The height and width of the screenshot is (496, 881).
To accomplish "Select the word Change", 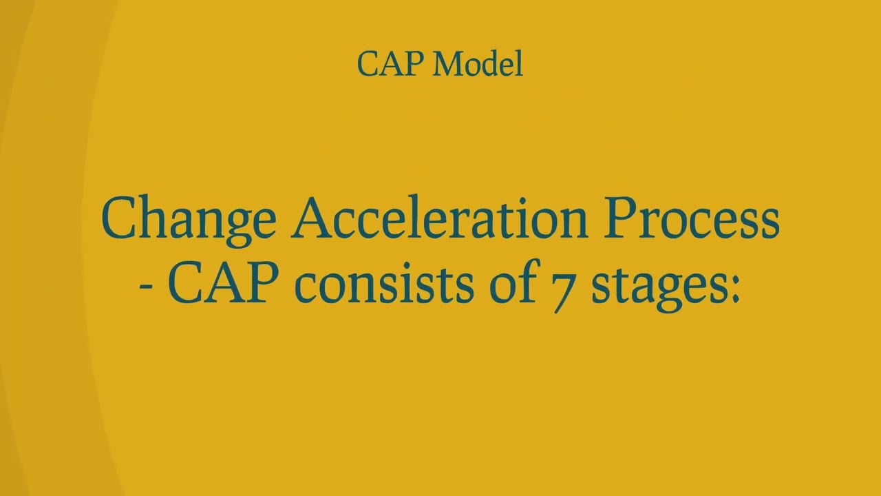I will coord(188,219).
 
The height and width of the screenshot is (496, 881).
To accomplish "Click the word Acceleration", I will coord(440,219).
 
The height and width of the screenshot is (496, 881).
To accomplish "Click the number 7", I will coord(564,289).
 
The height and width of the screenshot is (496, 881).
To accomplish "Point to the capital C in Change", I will coord(118,219).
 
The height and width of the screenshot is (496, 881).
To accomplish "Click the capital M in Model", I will coord(448,65).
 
